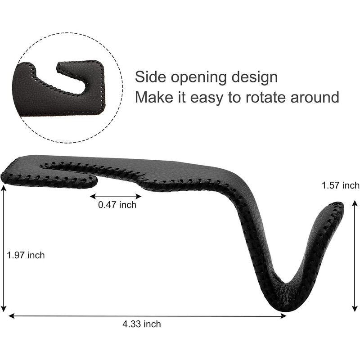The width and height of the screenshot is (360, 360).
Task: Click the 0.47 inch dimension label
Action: click(x=117, y=205)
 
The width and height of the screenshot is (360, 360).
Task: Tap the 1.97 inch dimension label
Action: click(x=26, y=255)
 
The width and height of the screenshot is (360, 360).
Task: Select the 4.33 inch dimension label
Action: click(x=142, y=324)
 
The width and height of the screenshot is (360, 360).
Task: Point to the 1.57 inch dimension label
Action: click(x=341, y=185)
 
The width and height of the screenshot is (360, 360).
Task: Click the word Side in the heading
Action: click(x=150, y=77)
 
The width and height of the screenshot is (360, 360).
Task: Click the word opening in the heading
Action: click(x=199, y=78)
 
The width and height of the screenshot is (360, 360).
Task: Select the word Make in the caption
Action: click(x=154, y=97)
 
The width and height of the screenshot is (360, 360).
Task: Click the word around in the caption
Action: click(x=315, y=97)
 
